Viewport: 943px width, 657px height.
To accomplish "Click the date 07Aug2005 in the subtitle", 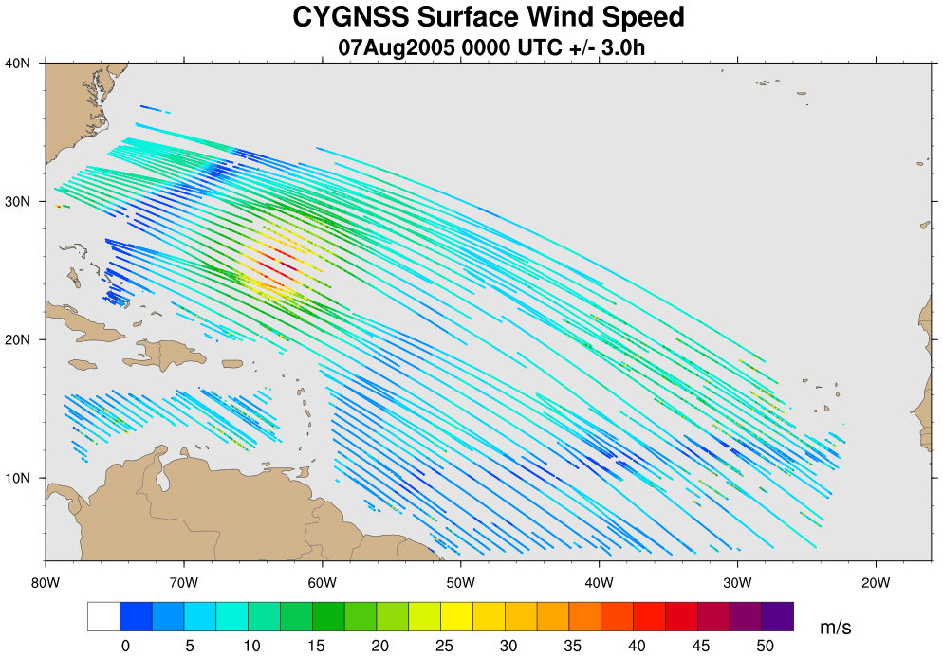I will point(396,46).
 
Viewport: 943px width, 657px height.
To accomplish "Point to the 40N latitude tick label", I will point(19,63).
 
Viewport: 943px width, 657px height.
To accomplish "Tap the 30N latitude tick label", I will point(19,201).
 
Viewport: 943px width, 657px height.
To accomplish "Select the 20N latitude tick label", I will point(19,339).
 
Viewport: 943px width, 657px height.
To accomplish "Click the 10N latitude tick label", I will point(19,478).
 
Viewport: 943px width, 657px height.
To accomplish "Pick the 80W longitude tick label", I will point(46,580).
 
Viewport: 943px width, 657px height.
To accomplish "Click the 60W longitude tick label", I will point(322,580).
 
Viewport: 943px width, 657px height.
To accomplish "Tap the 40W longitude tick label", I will point(599,580).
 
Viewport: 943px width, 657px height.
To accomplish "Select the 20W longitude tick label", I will point(875,580).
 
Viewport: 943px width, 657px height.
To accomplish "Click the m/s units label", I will point(836,628).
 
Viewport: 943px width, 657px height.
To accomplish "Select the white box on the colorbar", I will point(103,616).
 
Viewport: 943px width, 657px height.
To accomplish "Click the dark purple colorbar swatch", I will point(777,616).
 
